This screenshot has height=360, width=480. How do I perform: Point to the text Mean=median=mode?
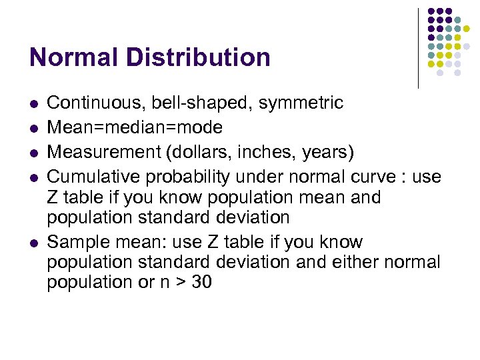[135, 127]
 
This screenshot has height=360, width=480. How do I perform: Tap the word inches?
[257, 151]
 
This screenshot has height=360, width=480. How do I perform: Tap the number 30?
[201, 283]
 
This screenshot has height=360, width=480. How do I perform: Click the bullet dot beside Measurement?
[33, 153]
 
